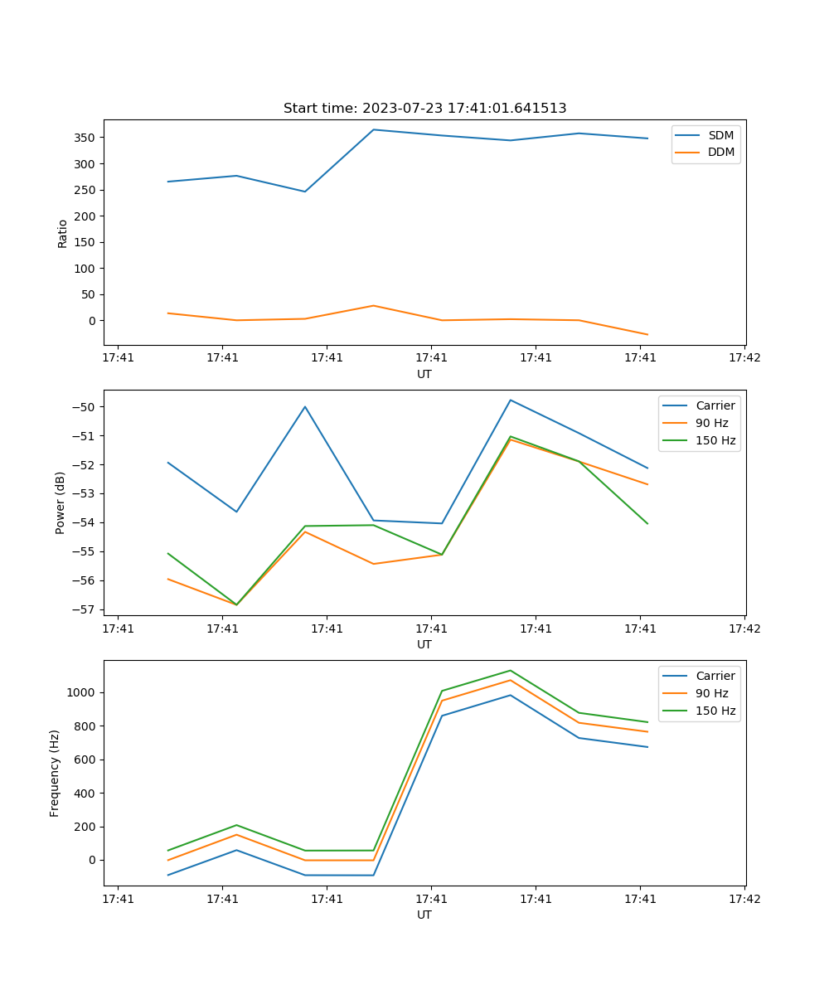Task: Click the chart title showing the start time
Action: (x=424, y=109)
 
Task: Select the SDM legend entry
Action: (x=720, y=135)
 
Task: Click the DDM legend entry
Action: (x=720, y=152)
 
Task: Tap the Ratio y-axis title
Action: (x=62, y=234)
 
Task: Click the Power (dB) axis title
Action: (x=61, y=503)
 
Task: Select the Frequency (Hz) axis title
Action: (x=55, y=773)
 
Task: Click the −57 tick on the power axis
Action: (x=86, y=609)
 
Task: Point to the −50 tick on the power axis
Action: (x=86, y=407)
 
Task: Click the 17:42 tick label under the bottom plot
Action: (x=744, y=898)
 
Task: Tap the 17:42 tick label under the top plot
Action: (x=744, y=357)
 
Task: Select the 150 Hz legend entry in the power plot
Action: (x=715, y=440)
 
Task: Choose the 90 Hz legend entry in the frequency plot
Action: (x=712, y=693)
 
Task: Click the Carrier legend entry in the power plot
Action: (x=715, y=405)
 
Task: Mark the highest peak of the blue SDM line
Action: (x=374, y=129)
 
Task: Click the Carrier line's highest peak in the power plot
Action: (x=511, y=400)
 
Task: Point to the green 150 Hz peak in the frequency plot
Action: (x=511, y=670)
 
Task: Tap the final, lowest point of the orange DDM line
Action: (x=647, y=335)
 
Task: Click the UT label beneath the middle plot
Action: (x=424, y=644)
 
